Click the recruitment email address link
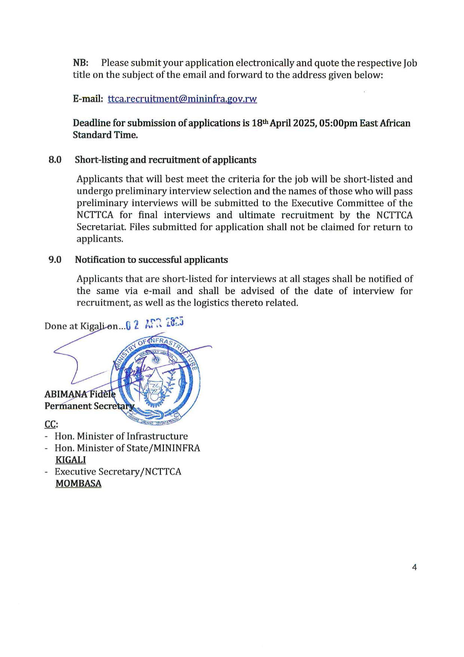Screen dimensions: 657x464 click(182, 99)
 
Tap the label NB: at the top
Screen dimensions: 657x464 click(80, 63)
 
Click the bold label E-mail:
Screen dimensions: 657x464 click(88, 99)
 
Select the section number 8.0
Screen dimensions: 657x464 click(55, 160)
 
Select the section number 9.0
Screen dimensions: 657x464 click(55, 260)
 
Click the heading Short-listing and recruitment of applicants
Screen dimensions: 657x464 click(165, 160)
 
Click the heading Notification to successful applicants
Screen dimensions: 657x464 click(151, 260)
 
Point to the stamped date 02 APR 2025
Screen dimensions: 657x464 click(155, 324)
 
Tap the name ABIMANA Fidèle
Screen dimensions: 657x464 click(80, 394)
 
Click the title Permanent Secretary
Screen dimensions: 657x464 click(89, 406)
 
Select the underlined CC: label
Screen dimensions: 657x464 click(51, 424)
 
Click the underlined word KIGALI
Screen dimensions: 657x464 click(71, 460)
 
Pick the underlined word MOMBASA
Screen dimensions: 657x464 click(79, 484)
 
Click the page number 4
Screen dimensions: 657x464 click(414, 567)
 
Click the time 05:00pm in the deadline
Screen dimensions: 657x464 click(338, 123)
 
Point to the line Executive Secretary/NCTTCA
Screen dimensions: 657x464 click(118, 472)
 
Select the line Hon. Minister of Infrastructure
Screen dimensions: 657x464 click(121, 436)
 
